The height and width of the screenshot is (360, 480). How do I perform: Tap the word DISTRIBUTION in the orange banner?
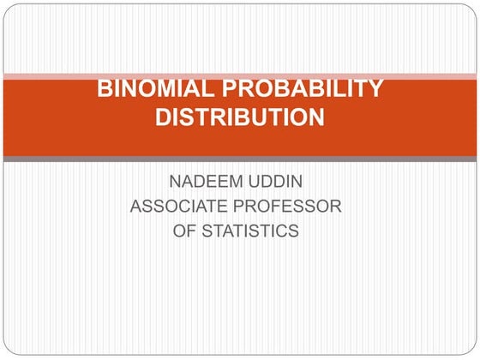239,117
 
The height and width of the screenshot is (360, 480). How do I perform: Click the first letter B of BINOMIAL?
105,87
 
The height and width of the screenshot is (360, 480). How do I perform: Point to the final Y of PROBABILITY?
374,87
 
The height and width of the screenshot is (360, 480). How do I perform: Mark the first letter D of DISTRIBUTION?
163,117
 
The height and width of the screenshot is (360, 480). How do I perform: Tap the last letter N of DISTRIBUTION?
316,117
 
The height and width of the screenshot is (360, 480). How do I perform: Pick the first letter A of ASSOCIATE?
135,207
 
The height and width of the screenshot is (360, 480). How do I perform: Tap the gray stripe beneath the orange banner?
239,159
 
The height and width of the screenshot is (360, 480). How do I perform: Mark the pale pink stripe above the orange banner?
239,75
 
